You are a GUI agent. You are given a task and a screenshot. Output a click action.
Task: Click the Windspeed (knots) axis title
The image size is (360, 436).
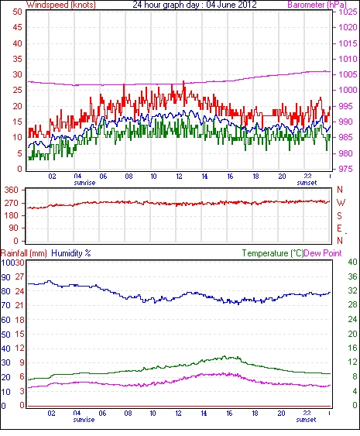(x=61, y=5)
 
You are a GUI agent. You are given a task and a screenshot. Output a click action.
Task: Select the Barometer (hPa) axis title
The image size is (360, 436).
(x=317, y=5)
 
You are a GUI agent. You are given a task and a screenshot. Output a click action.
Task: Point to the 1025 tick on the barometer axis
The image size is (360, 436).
(x=348, y=12)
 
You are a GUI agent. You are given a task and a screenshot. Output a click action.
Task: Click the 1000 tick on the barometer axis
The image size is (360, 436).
(x=348, y=90)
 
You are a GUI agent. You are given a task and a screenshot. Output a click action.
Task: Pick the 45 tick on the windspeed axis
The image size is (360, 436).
(x=17, y=28)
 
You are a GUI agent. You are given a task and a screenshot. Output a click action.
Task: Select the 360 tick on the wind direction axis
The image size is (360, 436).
(x=12, y=191)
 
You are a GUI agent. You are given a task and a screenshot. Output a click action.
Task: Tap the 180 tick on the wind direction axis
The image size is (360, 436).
(x=12, y=215)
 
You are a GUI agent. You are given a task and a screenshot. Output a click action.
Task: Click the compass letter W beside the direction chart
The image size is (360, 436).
(x=341, y=203)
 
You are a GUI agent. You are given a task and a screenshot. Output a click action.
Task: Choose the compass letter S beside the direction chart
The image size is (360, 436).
(x=339, y=215)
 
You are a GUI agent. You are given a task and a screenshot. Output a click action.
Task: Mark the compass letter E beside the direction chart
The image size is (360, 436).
(x=339, y=228)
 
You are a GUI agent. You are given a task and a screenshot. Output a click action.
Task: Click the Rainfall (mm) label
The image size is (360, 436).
(x=24, y=253)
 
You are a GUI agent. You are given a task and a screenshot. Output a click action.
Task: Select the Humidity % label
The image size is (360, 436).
(x=71, y=253)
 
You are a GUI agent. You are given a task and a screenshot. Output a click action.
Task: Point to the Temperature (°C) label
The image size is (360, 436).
(x=273, y=253)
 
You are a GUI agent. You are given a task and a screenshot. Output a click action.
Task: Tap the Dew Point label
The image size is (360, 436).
(x=323, y=253)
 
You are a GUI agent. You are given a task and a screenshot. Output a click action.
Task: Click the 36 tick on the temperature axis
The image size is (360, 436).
(x=352, y=276)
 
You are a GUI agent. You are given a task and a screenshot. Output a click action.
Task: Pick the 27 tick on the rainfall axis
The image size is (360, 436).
(x=19, y=277)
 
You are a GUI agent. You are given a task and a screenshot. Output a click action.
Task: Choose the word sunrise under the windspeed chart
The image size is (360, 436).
(x=84, y=183)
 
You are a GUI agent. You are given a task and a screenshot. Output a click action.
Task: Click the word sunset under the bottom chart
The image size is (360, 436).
(x=306, y=420)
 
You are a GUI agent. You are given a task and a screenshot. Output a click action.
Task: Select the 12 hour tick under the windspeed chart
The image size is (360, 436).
(x=179, y=177)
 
